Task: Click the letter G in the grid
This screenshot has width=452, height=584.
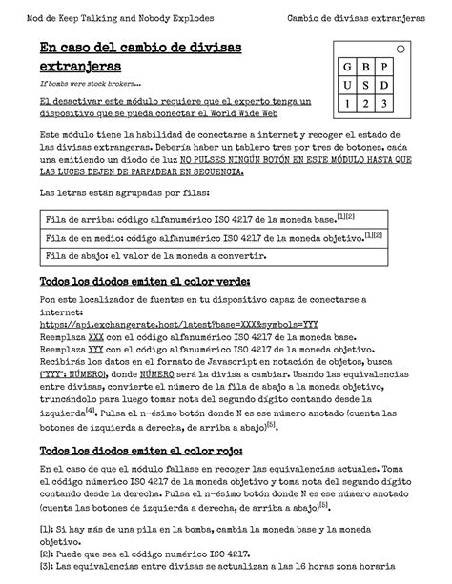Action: click(x=345, y=69)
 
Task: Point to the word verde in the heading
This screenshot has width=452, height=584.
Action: click(x=223, y=282)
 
